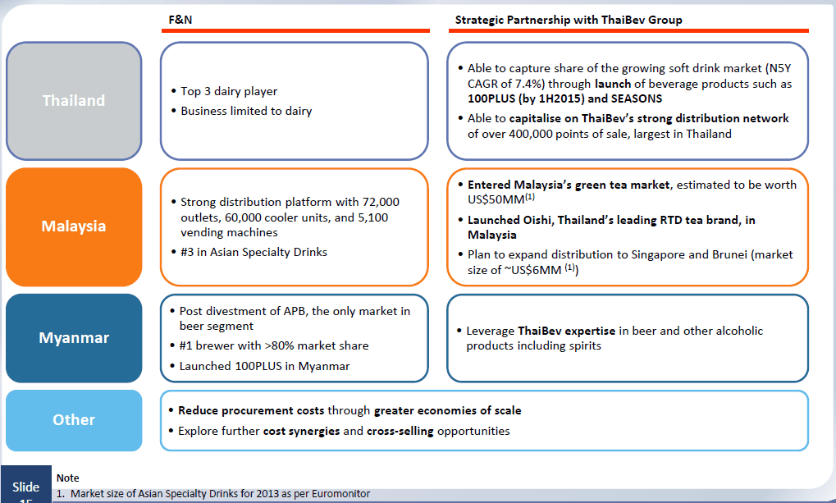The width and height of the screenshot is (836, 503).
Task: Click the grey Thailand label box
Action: (x=74, y=101)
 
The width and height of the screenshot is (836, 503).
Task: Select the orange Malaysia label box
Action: (x=74, y=226)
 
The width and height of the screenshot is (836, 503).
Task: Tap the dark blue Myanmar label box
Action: (x=74, y=337)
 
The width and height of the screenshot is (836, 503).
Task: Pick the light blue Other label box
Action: (x=74, y=420)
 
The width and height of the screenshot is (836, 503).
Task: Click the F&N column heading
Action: (x=180, y=20)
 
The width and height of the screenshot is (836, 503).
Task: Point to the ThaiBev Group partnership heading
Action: (x=569, y=21)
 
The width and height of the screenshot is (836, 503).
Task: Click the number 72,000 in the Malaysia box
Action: (x=381, y=202)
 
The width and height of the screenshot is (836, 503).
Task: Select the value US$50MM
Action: (x=496, y=200)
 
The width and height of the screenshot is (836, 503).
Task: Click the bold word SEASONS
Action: (x=637, y=98)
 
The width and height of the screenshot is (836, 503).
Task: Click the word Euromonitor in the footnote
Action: (x=337, y=494)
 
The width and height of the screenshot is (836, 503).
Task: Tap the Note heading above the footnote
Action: (x=68, y=478)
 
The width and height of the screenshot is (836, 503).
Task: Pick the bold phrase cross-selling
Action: (x=400, y=431)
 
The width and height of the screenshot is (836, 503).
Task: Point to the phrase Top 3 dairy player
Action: (x=229, y=91)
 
